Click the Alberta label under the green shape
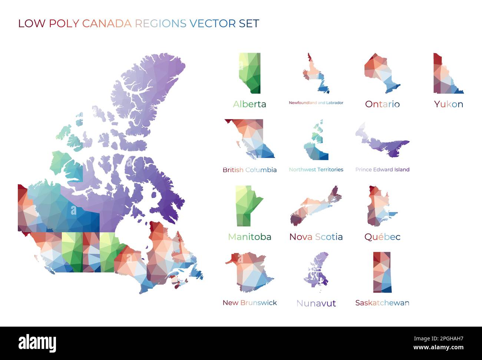tap(250, 104)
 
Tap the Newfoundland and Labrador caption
tap(316, 103)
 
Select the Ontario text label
tap(382, 104)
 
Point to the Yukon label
tap(449, 104)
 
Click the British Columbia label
tap(250, 170)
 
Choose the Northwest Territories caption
tap(316, 169)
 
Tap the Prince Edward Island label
tap(382, 169)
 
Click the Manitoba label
tap(250, 237)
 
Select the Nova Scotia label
tap(316, 237)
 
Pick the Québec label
tap(382, 237)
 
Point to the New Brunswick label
tap(250, 303)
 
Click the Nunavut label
tap(316, 303)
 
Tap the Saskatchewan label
tap(382, 303)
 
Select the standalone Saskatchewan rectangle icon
tap(382, 273)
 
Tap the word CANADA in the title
tap(107, 23)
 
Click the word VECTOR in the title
tap(212, 23)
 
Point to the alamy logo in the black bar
tap(37, 343)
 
